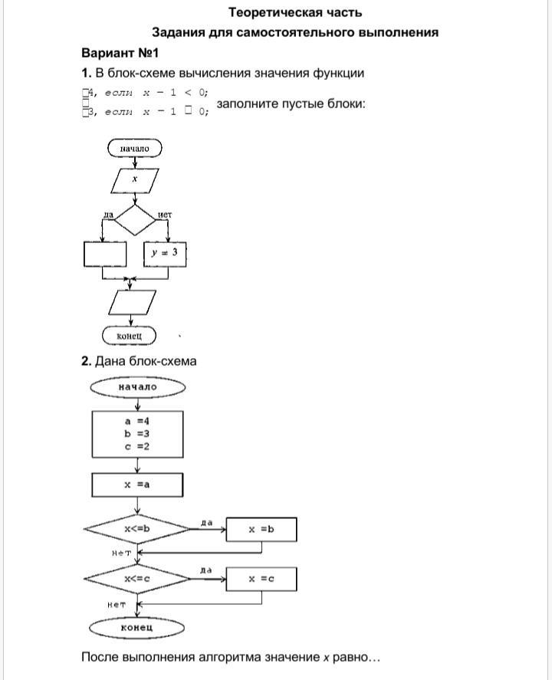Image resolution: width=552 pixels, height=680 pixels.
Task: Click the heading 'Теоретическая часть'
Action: click(295, 12)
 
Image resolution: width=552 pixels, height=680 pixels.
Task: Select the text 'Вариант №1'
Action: click(120, 53)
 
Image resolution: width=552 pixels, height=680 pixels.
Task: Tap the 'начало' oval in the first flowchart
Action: click(135, 147)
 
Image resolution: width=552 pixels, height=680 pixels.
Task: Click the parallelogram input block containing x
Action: click(135, 179)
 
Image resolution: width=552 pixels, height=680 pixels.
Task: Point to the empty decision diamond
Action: click(135, 219)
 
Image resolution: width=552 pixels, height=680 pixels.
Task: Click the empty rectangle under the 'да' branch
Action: click(104, 254)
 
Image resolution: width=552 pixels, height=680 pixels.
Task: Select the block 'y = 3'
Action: click(165, 253)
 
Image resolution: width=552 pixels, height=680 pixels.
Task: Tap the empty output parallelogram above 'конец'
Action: click(133, 302)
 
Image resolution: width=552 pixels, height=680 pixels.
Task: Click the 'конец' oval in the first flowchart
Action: click(129, 336)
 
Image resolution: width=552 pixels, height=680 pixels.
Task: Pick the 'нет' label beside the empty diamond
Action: click(164, 214)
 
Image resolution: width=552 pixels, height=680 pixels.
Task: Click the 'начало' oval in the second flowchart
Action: click(137, 387)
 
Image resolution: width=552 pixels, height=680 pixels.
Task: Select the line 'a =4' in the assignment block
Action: click(137, 421)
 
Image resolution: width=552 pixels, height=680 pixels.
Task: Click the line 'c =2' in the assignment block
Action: click(137, 446)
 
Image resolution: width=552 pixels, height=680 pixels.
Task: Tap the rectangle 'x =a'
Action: click(137, 485)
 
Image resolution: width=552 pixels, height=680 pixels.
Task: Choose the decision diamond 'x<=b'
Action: click(137, 529)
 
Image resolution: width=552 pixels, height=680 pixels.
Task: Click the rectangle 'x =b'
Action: click(261, 529)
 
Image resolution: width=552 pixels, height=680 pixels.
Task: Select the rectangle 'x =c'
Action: click(261, 579)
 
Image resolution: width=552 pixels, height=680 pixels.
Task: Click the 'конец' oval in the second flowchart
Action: click(137, 628)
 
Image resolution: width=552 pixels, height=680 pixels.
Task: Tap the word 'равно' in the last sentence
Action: click(350, 657)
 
